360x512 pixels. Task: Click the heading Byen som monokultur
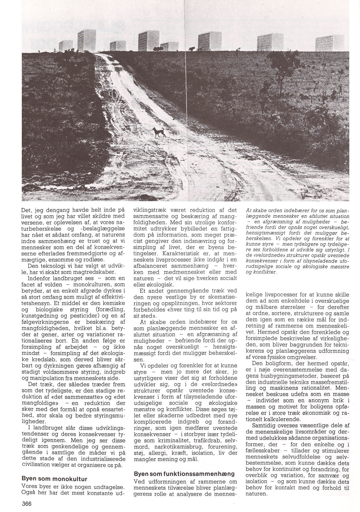54,479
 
